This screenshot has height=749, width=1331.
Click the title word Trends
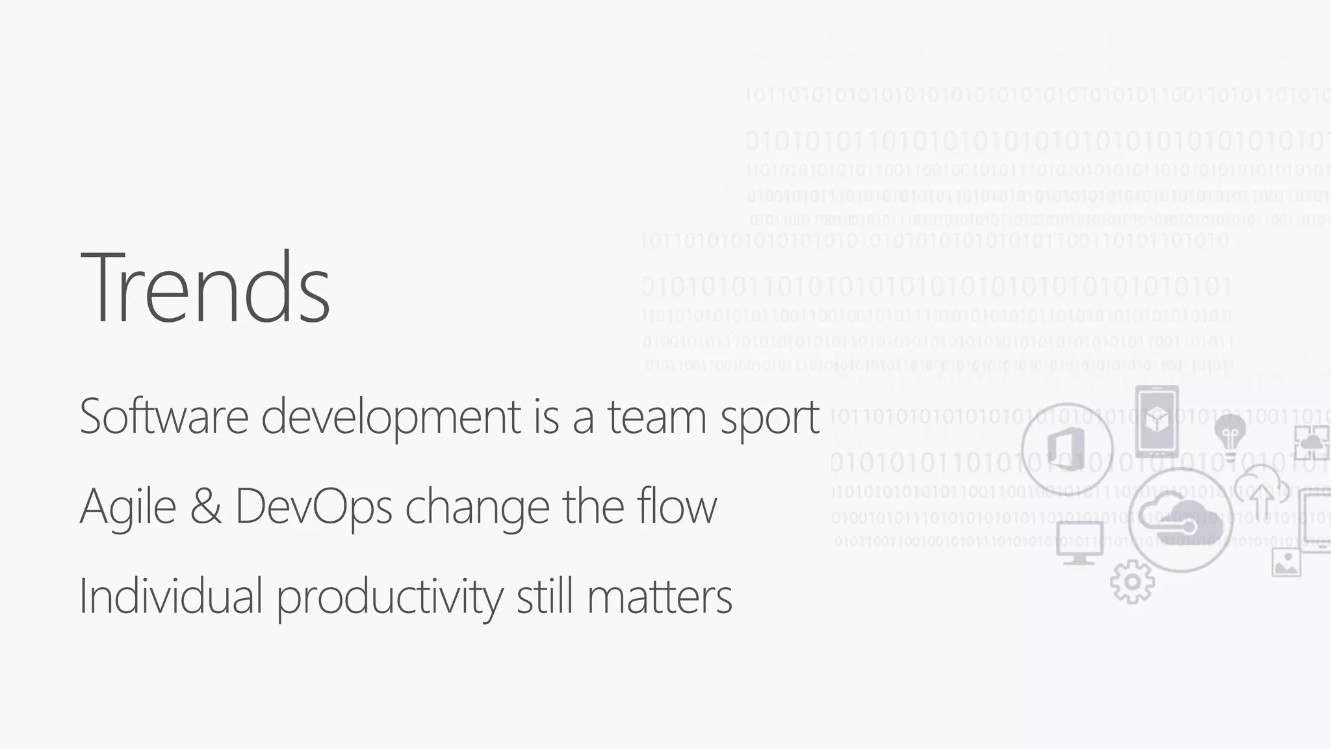pyautogui.click(x=205, y=287)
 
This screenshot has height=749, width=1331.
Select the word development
pyautogui.click(x=390, y=417)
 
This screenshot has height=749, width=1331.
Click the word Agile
pyautogui.click(x=128, y=507)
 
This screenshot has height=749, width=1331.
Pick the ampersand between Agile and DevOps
pyautogui.click(x=205, y=506)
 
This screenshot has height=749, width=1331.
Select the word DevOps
pyautogui.click(x=313, y=507)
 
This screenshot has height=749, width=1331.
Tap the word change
pyautogui.click(x=477, y=507)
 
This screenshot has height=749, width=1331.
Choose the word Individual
pyautogui.click(x=171, y=596)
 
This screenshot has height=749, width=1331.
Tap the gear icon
pyautogui.click(x=1132, y=582)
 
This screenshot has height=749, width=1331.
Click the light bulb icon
pyautogui.click(x=1230, y=433)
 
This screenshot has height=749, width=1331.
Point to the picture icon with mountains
pyautogui.click(x=1286, y=562)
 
